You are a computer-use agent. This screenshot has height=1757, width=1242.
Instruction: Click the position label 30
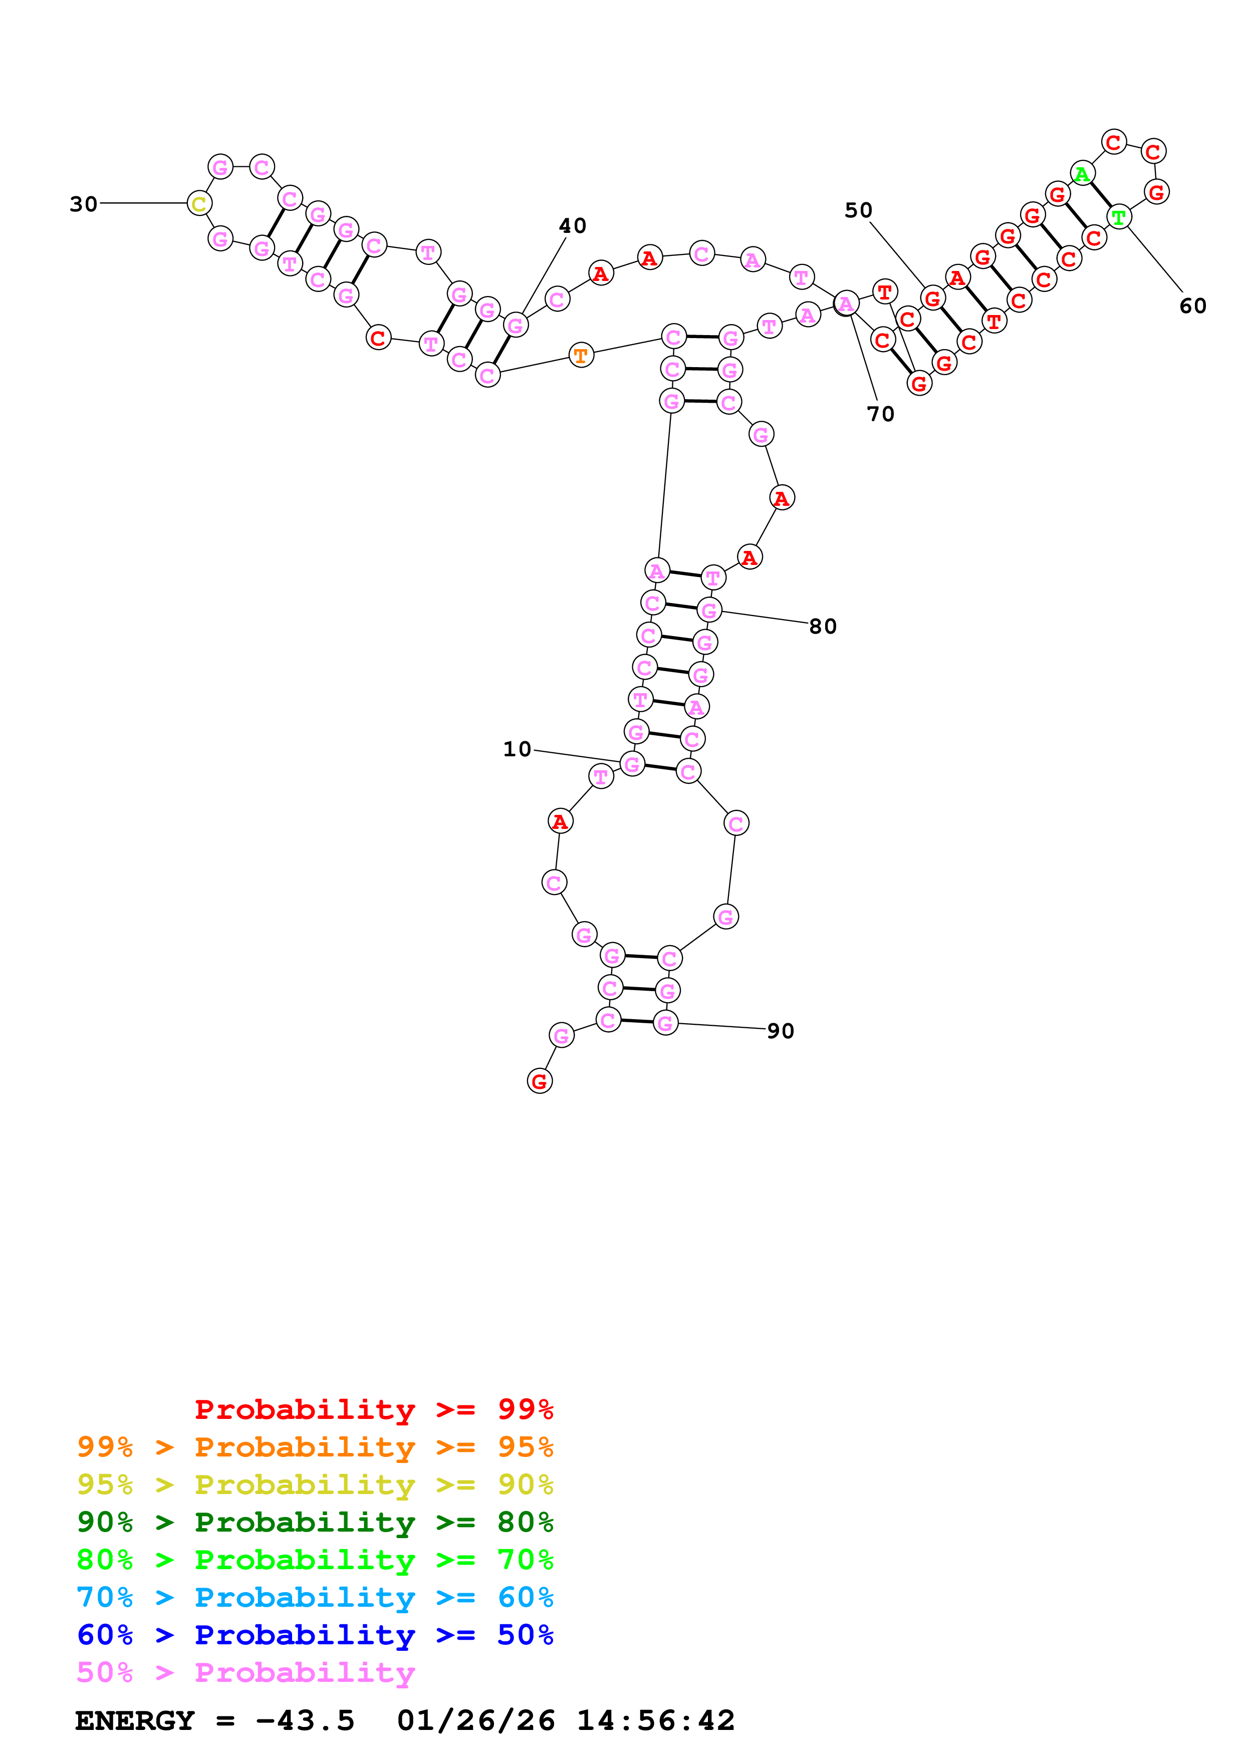83,204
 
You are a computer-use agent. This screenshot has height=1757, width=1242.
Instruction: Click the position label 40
573,226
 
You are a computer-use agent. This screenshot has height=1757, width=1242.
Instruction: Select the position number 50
858,210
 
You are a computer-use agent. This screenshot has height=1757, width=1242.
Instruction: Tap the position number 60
1192,306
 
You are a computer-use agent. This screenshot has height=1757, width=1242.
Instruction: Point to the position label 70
880,414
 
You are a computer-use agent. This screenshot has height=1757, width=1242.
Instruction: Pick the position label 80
823,627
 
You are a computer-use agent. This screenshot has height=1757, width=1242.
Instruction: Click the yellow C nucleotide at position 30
199,203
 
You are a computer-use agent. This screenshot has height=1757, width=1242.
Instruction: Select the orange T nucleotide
581,355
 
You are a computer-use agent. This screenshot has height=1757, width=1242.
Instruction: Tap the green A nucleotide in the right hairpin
1081,174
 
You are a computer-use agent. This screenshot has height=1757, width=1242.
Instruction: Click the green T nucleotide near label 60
1119,217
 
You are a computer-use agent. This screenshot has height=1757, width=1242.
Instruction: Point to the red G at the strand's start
540,1081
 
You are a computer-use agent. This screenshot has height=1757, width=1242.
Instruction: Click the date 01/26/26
476,1721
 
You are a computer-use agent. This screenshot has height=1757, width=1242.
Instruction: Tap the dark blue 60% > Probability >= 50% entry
315,1635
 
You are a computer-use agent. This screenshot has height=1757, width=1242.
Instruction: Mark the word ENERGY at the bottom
135,1721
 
